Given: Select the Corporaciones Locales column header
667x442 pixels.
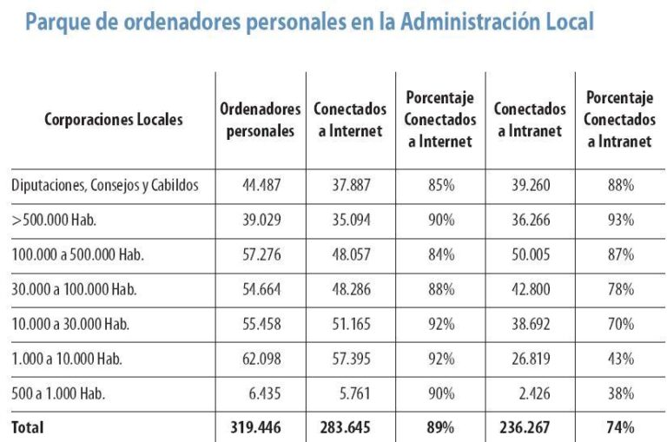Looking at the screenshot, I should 114,120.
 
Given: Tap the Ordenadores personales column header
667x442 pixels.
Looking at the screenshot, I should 261,120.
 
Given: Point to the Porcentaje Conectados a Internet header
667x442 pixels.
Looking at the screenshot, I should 440,120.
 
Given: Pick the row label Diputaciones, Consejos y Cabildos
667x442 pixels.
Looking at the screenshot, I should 105,185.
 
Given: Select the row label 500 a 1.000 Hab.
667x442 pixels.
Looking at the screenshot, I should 58,393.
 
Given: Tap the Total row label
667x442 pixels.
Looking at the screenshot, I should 28,427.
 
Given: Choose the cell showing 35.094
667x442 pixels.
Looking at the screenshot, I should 347,220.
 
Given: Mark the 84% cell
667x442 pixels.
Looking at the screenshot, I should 440,254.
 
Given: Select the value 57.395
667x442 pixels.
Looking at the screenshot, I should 347,359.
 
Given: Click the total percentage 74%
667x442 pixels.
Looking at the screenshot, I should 620,427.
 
